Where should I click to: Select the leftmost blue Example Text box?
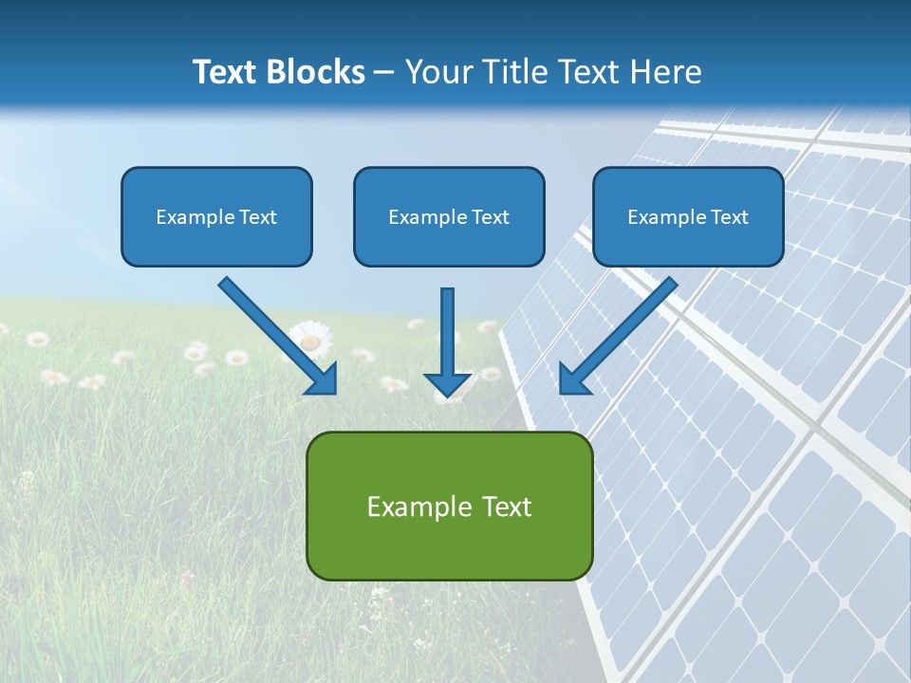216,216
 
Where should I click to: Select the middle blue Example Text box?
449,216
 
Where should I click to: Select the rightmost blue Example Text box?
688,216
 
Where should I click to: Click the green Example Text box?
449,506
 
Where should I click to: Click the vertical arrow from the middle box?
448,332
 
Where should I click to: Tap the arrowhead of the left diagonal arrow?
323,379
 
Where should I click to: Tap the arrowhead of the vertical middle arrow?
448,383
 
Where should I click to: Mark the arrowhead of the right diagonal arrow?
573,379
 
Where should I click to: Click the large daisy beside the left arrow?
310,336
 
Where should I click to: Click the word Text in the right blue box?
729,216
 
